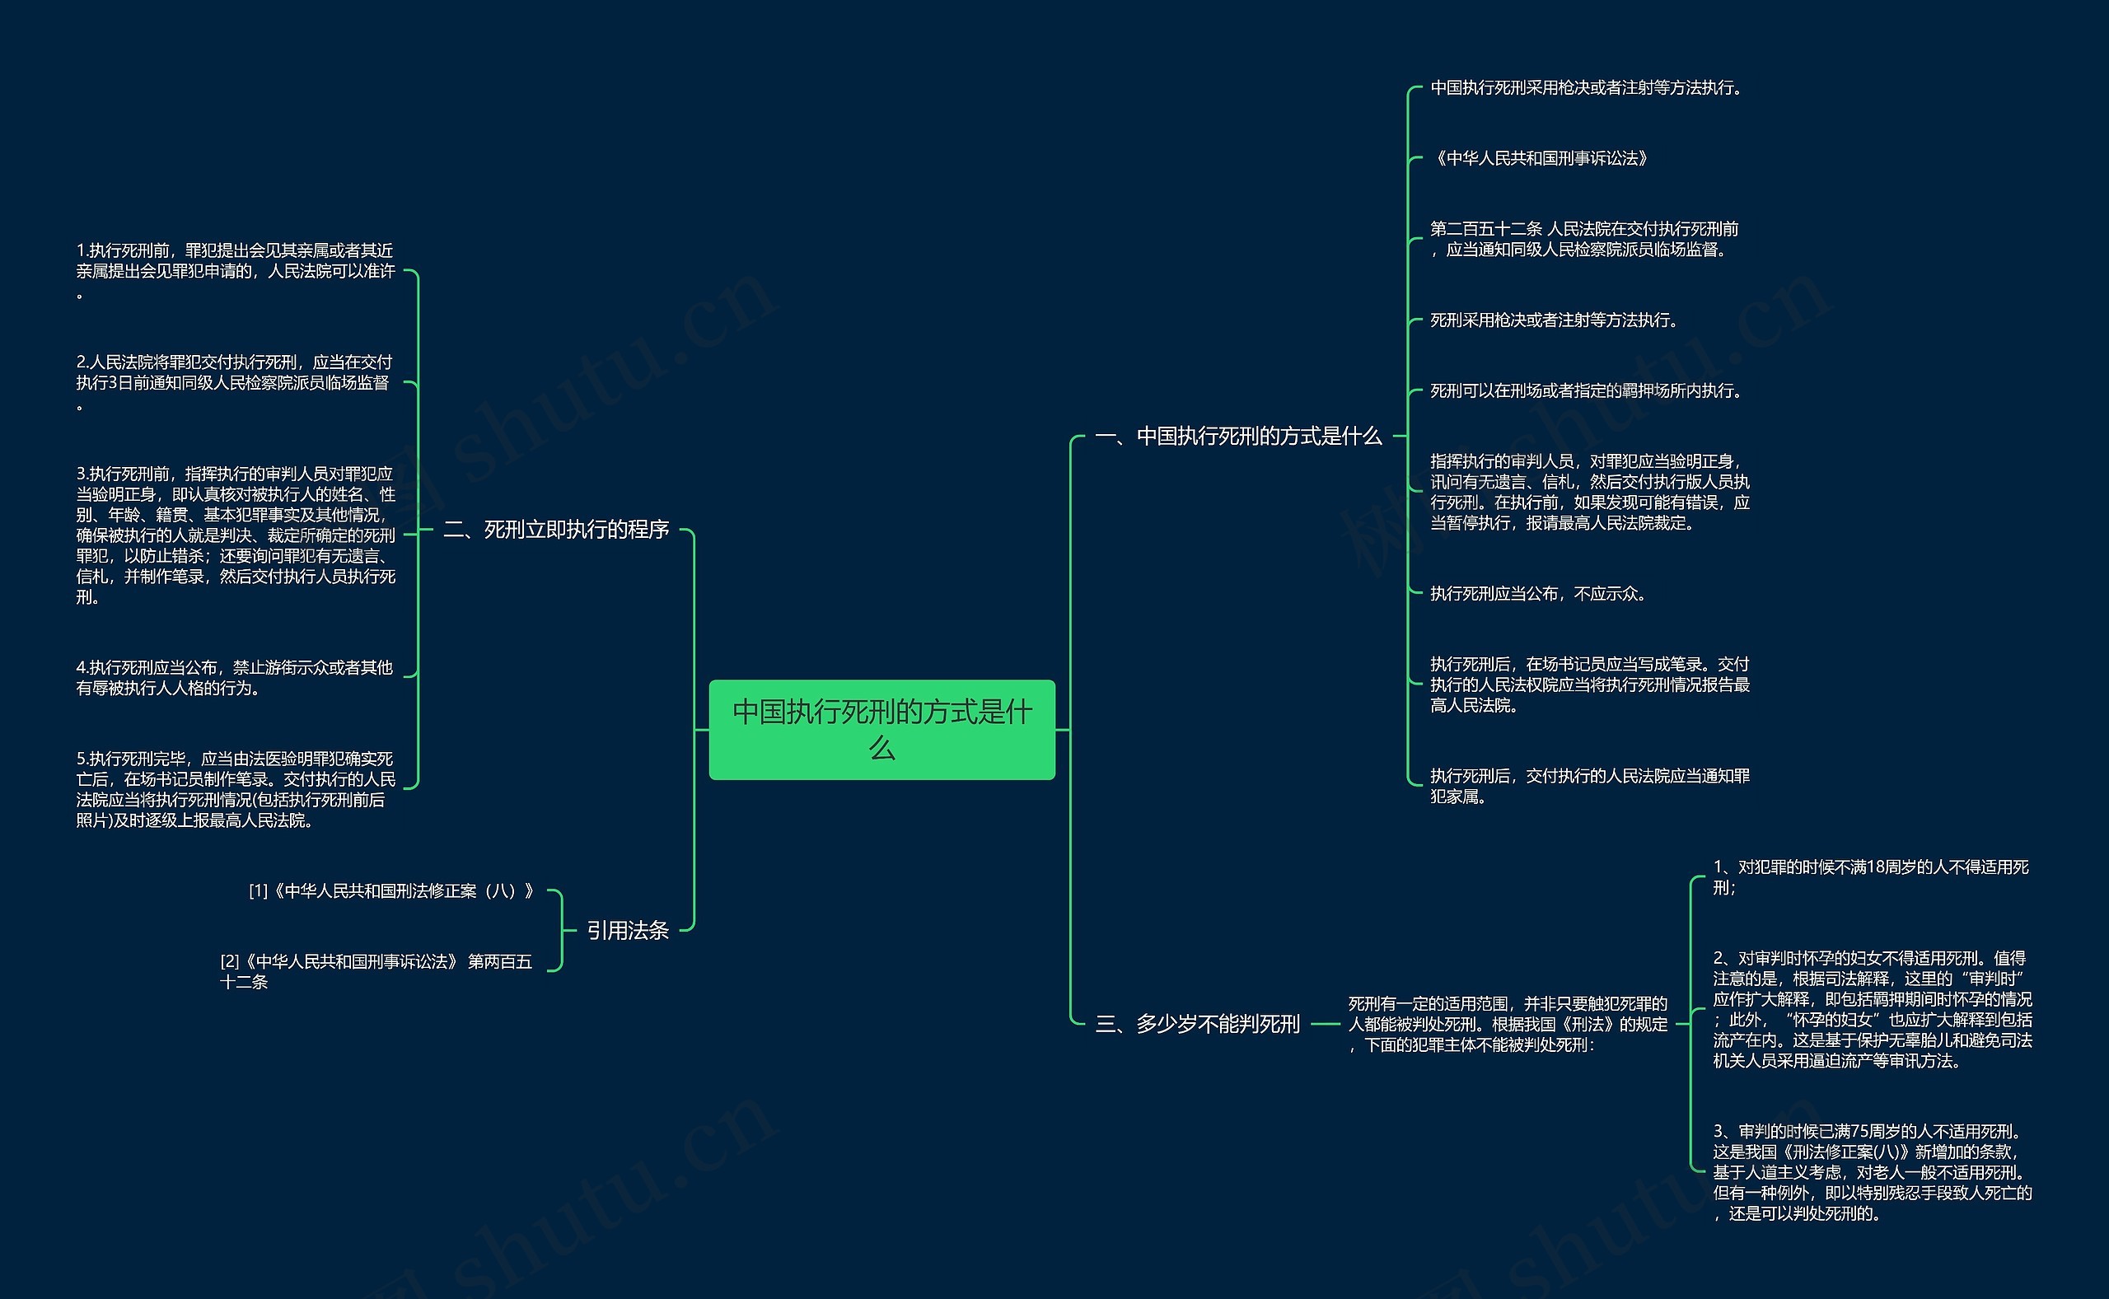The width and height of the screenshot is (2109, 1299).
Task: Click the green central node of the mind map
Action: [x=881, y=729]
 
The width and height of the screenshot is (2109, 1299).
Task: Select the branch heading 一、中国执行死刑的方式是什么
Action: [x=1238, y=437]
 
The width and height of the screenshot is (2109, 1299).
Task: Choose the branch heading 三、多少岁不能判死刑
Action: [x=1197, y=1023]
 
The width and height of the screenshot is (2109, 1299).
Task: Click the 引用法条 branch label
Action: [x=628, y=930]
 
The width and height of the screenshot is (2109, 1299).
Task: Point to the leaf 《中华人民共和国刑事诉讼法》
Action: [x=1540, y=158]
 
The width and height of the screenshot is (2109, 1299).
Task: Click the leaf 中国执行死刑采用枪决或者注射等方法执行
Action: [x=1586, y=87]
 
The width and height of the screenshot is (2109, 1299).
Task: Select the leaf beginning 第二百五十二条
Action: [x=1584, y=239]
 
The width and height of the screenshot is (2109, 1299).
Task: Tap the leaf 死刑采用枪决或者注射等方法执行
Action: [x=1555, y=320]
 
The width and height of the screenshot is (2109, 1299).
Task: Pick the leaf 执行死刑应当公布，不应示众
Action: [x=1539, y=593]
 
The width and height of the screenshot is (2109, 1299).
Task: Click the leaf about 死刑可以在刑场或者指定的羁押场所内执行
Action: [x=1588, y=390]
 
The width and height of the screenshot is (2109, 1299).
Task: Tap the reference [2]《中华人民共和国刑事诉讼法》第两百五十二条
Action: [x=376, y=971]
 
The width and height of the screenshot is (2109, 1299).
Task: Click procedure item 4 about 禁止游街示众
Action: [x=235, y=677]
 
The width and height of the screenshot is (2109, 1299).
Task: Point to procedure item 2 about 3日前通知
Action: [x=235, y=382]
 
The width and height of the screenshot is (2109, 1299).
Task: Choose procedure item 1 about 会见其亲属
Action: [x=236, y=271]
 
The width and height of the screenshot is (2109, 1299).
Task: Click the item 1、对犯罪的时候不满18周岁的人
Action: [x=1871, y=876]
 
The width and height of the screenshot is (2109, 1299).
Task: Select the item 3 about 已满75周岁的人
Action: [x=1873, y=1172]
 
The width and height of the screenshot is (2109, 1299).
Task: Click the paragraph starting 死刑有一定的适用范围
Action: [x=1508, y=1023]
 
